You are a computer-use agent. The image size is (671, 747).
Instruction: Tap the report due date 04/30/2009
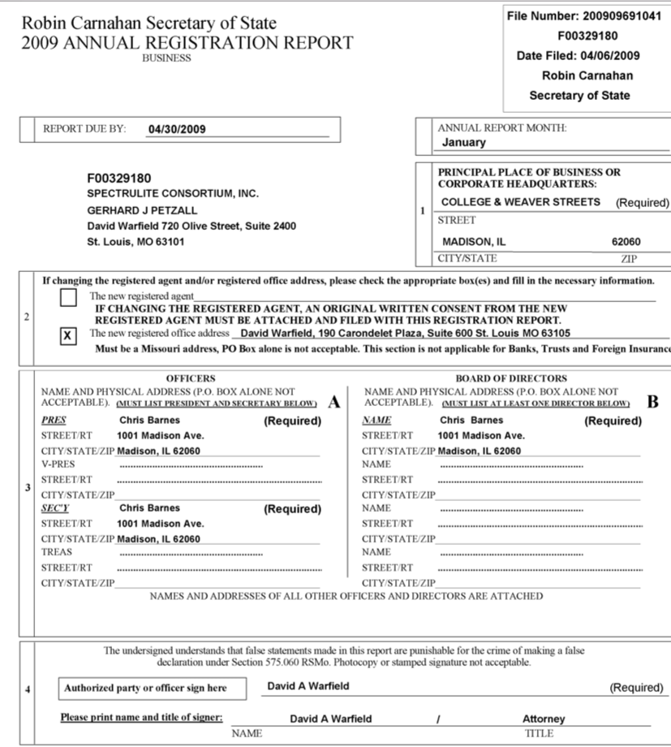click(177, 129)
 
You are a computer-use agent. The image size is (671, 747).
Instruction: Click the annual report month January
click(464, 142)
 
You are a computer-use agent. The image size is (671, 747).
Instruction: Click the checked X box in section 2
click(69, 335)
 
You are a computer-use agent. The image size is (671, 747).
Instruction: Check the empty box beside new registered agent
click(69, 298)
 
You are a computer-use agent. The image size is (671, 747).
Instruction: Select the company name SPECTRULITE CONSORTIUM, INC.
click(173, 193)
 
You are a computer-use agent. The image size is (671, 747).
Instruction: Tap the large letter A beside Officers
click(333, 400)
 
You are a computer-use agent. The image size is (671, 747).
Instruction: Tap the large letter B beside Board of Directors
click(654, 400)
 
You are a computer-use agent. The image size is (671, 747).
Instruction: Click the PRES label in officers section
click(54, 421)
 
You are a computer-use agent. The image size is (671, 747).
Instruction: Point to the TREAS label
click(57, 552)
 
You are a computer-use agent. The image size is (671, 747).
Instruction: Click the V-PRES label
click(58, 464)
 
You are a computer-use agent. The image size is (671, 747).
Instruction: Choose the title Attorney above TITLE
click(544, 719)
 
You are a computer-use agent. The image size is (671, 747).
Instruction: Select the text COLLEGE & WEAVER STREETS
click(521, 202)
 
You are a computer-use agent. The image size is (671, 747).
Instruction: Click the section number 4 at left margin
click(28, 690)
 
